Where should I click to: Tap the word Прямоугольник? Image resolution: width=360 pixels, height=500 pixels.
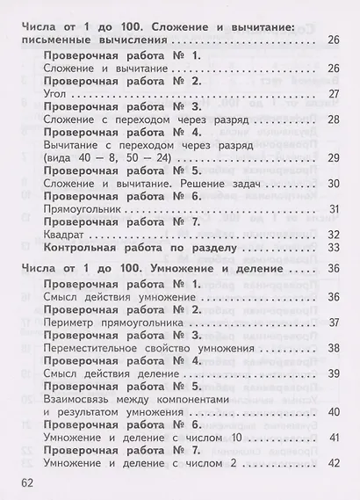[83, 208]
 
